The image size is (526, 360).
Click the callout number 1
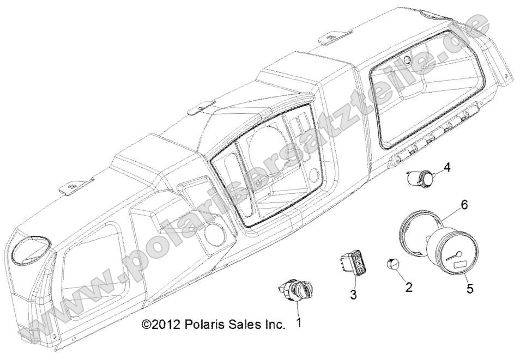point(299,323)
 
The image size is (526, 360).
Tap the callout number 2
point(408,288)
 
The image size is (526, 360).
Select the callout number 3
point(353,295)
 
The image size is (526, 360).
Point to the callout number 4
point(447,167)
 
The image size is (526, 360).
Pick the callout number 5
point(470,289)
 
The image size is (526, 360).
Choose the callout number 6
point(464,205)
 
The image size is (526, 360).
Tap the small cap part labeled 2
point(394,265)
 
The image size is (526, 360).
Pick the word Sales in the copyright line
point(246,325)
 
